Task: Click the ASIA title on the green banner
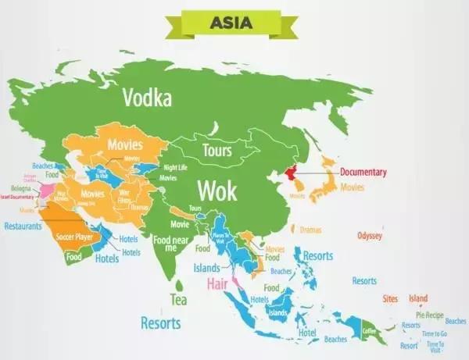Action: pos(231,22)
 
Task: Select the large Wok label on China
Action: pos(216,190)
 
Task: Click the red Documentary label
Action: pos(363,172)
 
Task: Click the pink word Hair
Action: pos(217,284)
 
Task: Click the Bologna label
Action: pos(20,189)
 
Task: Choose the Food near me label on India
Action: pos(170,243)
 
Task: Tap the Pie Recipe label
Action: pos(430,314)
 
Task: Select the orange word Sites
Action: pos(390,298)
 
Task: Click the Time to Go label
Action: pos(435,334)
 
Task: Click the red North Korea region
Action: pos(293,172)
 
